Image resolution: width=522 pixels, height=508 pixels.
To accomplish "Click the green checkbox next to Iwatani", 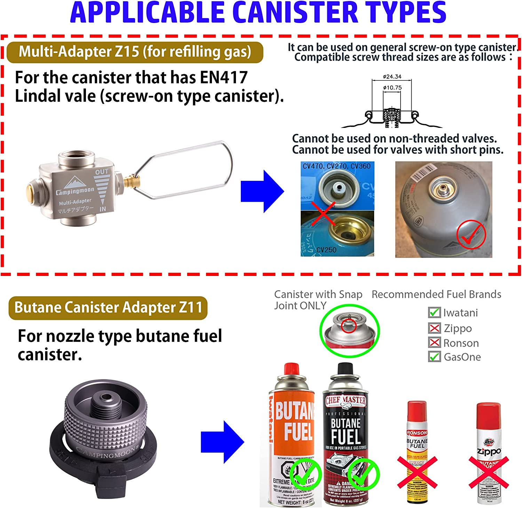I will [434, 312].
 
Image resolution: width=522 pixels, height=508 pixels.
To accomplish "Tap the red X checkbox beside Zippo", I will [434, 328].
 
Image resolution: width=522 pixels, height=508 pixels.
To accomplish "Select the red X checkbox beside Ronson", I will [434, 342].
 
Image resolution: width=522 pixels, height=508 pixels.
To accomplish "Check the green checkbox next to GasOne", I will [434, 357].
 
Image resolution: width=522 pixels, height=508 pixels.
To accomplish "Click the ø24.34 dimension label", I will [392, 76].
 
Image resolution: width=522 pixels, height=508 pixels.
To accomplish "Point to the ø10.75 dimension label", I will [392, 87].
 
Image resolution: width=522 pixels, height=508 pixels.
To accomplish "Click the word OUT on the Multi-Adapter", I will [102, 172].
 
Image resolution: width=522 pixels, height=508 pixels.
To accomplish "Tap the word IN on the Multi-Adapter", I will [103, 209].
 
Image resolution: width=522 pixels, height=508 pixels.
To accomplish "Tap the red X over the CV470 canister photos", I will [324, 213].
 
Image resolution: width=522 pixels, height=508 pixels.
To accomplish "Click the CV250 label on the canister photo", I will [326, 250].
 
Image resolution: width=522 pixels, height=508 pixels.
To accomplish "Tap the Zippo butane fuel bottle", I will [489, 453].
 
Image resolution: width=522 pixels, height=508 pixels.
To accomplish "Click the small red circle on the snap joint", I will [348, 326].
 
